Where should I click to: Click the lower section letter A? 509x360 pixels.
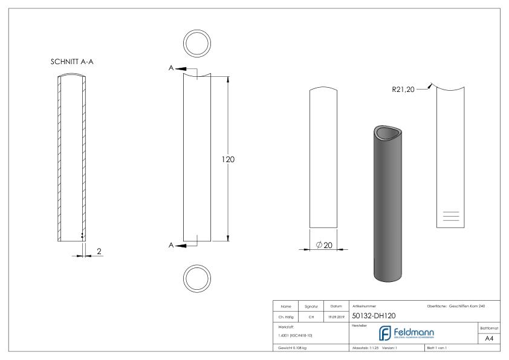coord(172,245)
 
